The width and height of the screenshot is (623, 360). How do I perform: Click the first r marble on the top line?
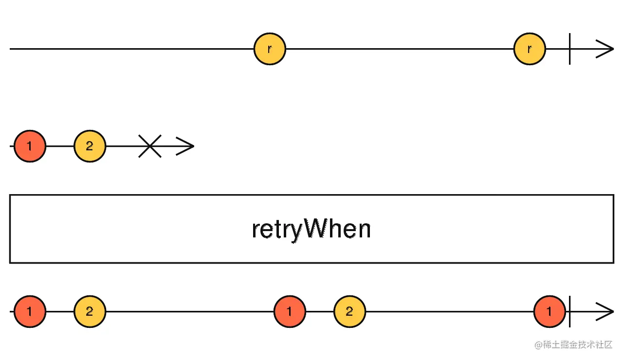click(270, 49)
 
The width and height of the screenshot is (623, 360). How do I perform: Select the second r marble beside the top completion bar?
click(530, 49)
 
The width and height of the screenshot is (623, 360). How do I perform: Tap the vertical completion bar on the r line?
click(569, 49)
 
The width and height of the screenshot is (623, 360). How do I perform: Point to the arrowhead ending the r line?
click(606, 49)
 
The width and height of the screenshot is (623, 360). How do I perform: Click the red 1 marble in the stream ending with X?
click(30, 146)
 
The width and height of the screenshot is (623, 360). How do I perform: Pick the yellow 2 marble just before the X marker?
click(90, 146)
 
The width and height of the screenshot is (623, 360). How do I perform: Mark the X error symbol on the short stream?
click(150, 146)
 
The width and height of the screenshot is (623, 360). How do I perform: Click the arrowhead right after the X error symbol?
click(186, 146)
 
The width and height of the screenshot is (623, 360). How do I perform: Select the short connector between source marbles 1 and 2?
click(60, 146)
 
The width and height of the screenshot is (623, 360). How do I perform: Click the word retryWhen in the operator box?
click(311, 229)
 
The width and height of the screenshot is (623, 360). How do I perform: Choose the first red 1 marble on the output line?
click(30, 311)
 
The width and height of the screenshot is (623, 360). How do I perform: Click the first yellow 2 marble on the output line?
click(90, 311)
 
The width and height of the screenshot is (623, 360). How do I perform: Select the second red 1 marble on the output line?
click(290, 311)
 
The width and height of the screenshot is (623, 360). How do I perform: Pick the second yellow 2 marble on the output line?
click(349, 311)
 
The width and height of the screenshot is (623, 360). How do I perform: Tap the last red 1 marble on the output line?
click(550, 311)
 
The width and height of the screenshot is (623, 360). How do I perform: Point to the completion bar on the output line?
click(569, 311)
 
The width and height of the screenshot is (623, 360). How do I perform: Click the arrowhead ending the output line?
click(606, 311)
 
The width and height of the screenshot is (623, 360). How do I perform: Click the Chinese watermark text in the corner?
click(577, 345)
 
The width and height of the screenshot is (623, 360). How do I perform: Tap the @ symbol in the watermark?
click(538, 345)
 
